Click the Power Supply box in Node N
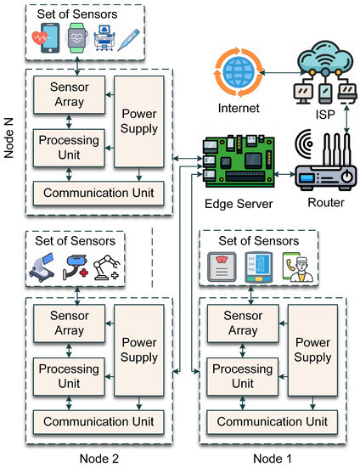point(139,125)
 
